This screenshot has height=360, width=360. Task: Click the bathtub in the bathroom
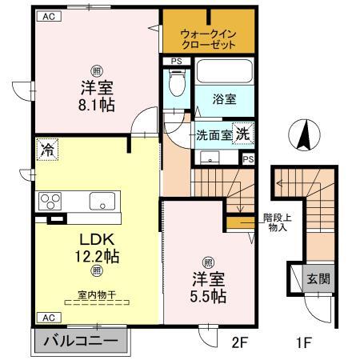223,74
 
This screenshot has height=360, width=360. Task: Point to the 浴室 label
224,101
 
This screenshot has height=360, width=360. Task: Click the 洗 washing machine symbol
241,134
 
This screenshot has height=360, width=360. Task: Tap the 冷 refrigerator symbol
47,149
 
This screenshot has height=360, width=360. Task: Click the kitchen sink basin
102,200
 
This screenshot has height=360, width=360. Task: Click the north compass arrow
304,134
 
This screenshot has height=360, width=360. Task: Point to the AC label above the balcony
46,317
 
